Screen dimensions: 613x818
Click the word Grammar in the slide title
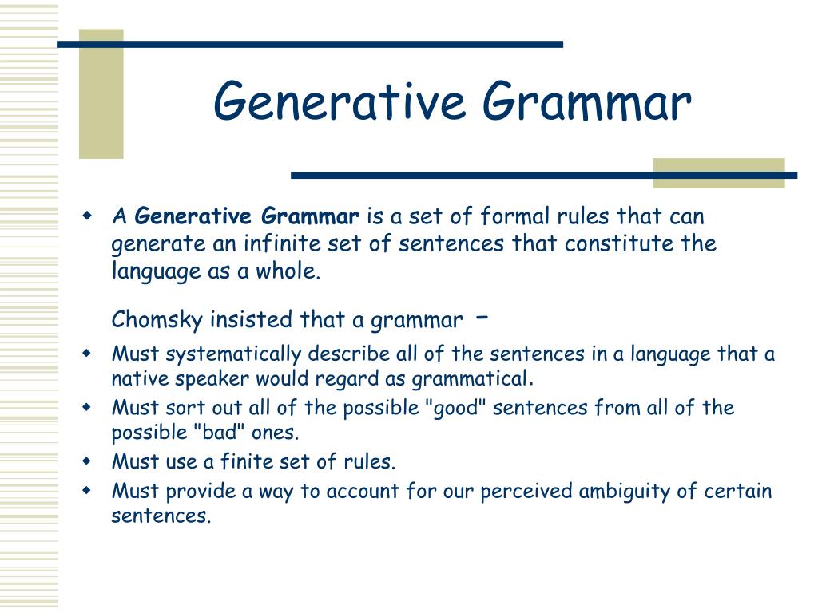tap(586, 103)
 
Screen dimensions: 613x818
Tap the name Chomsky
tap(157, 320)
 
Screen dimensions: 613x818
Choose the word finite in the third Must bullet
tap(256, 461)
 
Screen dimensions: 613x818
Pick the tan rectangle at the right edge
tap(718, 173)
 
